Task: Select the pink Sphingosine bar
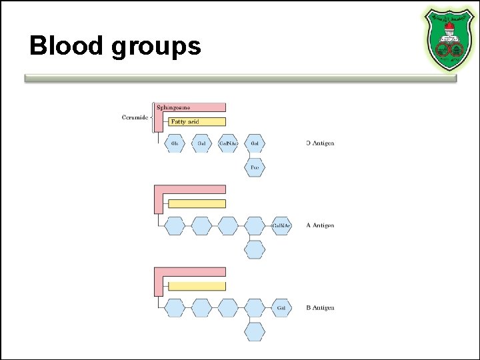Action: (x=191, y=107)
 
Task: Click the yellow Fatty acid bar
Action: (x=197, y=121)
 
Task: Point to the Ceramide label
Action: (x=135, y=118)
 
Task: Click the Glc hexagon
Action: (x=175, y=143)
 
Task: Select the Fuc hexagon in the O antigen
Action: (x=255, y=167)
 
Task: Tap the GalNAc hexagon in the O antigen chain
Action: (x=228, y=143)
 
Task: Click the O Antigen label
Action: (x=320, y=143)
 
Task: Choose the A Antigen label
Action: (x=319, y=225)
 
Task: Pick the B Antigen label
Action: (x=319, y=308)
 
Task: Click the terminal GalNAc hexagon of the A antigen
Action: (x=281, y=225)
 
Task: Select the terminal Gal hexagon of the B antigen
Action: (x=281, y=308)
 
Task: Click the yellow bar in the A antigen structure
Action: (x=197, y=203)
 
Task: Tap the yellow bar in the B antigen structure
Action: (x=197, y=286)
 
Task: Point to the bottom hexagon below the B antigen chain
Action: (x=255, y=331)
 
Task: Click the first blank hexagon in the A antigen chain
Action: (x=175, y=225)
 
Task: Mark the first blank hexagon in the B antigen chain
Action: (x=175, y=308)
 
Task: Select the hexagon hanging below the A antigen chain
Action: (x=255, y=249)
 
